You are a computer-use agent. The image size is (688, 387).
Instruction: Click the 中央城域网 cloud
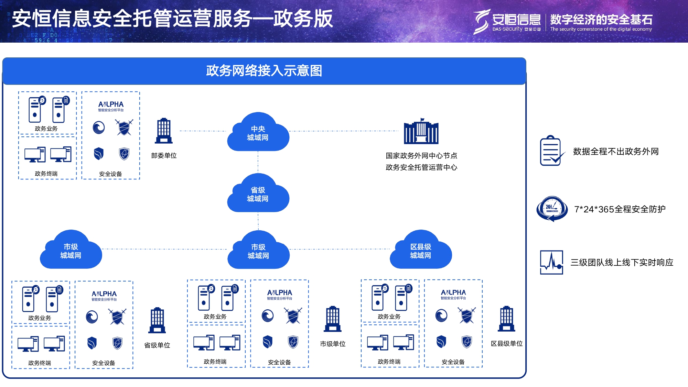tap(258, 133)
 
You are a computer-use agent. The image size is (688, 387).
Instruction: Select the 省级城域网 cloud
tap(258, 194)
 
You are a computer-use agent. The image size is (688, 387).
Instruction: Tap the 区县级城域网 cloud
tap(420, 251)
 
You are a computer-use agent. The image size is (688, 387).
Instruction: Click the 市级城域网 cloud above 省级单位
tap(71, 251)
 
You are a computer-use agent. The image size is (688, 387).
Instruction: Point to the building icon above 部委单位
tap(164, 131)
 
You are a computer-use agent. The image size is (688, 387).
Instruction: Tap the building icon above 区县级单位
tap(507, 319)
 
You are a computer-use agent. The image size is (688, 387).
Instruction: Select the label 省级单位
tap(157, 345)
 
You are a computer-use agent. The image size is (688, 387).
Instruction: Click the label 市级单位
tap(333, 344)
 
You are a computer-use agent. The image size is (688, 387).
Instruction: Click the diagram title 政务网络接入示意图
tap(264, 71)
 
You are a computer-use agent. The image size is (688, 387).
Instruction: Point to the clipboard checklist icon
tap(551, 151)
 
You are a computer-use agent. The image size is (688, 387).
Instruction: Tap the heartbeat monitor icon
tap(552, 262)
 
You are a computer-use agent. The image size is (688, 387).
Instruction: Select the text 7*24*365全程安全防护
tap(620, 209)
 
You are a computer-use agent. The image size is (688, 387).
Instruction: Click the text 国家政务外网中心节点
tap(421, 156)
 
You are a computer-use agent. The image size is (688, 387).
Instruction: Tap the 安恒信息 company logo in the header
tap(507, 21)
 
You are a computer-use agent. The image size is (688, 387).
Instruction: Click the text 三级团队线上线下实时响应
tap(622, 263)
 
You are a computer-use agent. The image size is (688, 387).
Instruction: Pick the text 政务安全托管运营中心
tap(421, 167)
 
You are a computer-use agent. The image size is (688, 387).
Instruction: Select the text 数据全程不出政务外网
tap(616, 152)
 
